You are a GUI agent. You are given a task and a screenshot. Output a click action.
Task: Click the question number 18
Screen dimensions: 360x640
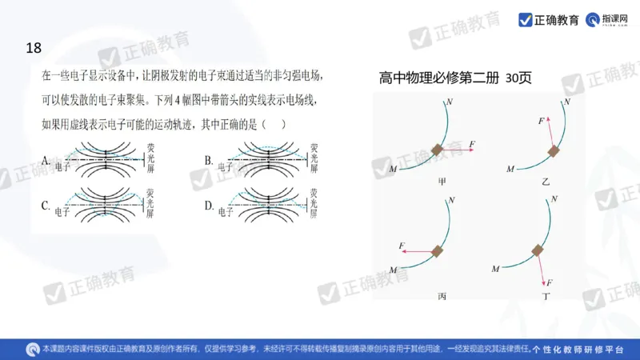coord(33,49)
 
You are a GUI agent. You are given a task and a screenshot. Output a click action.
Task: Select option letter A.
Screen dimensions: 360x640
coord(46,160)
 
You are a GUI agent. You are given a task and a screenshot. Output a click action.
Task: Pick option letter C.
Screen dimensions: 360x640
coord(46,206)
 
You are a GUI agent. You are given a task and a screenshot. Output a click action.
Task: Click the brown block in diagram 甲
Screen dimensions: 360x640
coord(438,150)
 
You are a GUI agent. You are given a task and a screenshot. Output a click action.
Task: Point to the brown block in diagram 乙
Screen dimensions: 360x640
coord(553,150)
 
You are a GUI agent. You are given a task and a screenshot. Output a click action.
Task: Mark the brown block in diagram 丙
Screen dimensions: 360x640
coord(438,251)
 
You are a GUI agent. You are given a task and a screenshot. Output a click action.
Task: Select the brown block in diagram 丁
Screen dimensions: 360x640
coord(538,251)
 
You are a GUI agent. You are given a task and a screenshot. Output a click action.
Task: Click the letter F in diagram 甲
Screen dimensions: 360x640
coord(472,143)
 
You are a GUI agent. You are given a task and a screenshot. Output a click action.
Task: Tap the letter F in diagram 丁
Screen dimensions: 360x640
coord(550,283)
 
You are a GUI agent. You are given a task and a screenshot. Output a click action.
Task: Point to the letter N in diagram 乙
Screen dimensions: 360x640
coord(566,102)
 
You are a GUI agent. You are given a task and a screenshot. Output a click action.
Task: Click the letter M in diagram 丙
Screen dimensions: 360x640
coord(392,269)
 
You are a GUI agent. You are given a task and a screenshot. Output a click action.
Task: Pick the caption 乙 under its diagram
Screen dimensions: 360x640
coord(545,182)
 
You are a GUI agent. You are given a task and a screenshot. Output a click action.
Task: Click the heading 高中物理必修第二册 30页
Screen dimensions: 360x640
coord(455,78)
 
